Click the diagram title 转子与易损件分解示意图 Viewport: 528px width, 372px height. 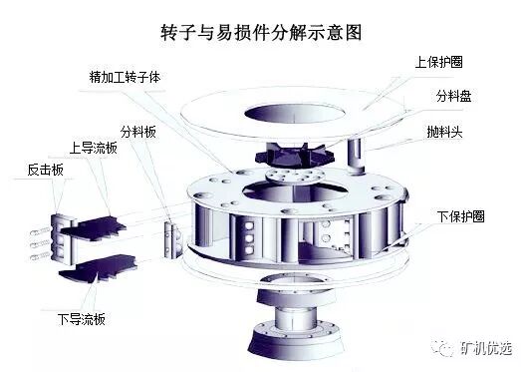[x=261, y=32]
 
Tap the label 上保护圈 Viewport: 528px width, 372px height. [x=438, y=62]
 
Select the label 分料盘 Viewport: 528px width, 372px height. [x=453, y=96]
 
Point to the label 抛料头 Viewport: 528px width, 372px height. [x=444, y=132]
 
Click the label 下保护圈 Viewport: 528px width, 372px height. [x=460, y=216]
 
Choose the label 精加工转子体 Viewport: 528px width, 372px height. [x=125, y=77]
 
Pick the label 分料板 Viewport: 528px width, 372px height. [x=138, y=132]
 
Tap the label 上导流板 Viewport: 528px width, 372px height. [x=94, y=148]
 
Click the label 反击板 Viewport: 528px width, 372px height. [x=46, y=170]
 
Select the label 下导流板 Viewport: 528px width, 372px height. [x=82, y=319]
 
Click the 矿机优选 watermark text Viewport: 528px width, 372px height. [x=486, y=348]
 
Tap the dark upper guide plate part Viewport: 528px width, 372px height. [x=94, y=229]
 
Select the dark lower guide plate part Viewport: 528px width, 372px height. [x=99, y=268]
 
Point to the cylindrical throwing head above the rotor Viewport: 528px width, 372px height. [x=356, y=156]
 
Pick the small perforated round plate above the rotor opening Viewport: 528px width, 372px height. [x=295, y=176]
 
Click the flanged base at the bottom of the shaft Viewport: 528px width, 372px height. [x=295, y=340]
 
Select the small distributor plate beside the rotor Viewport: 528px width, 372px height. [x=172, y=239]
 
